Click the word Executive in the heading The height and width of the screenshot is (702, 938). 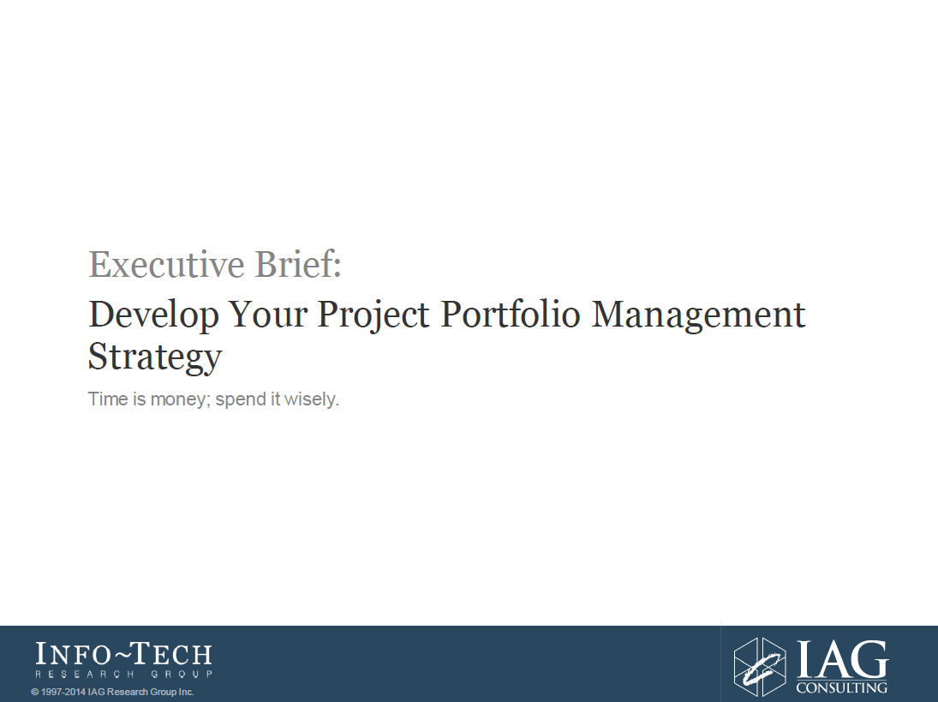pos(166,264)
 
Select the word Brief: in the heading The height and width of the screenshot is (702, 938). pos(298,264)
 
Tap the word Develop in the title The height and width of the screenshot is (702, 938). pos(153,315)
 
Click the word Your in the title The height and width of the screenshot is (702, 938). pos(268,314)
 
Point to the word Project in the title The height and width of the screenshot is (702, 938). pos(373,315)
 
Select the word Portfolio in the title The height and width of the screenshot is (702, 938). pos(511,314)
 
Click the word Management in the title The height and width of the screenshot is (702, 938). pos(699,315)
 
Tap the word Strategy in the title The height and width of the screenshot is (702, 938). pos(155,357)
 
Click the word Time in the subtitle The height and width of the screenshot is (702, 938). pos(108,399)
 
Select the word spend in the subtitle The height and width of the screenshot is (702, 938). pos(241,399)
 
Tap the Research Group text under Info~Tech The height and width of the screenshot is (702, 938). pos(124,674)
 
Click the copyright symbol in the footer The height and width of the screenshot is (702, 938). pos(35,693)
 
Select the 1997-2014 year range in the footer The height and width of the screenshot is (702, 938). pos(63,693)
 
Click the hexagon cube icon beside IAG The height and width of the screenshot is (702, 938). pos(760,666)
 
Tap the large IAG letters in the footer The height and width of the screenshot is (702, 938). pos(842,659)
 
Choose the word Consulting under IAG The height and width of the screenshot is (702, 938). pos(842,687)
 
